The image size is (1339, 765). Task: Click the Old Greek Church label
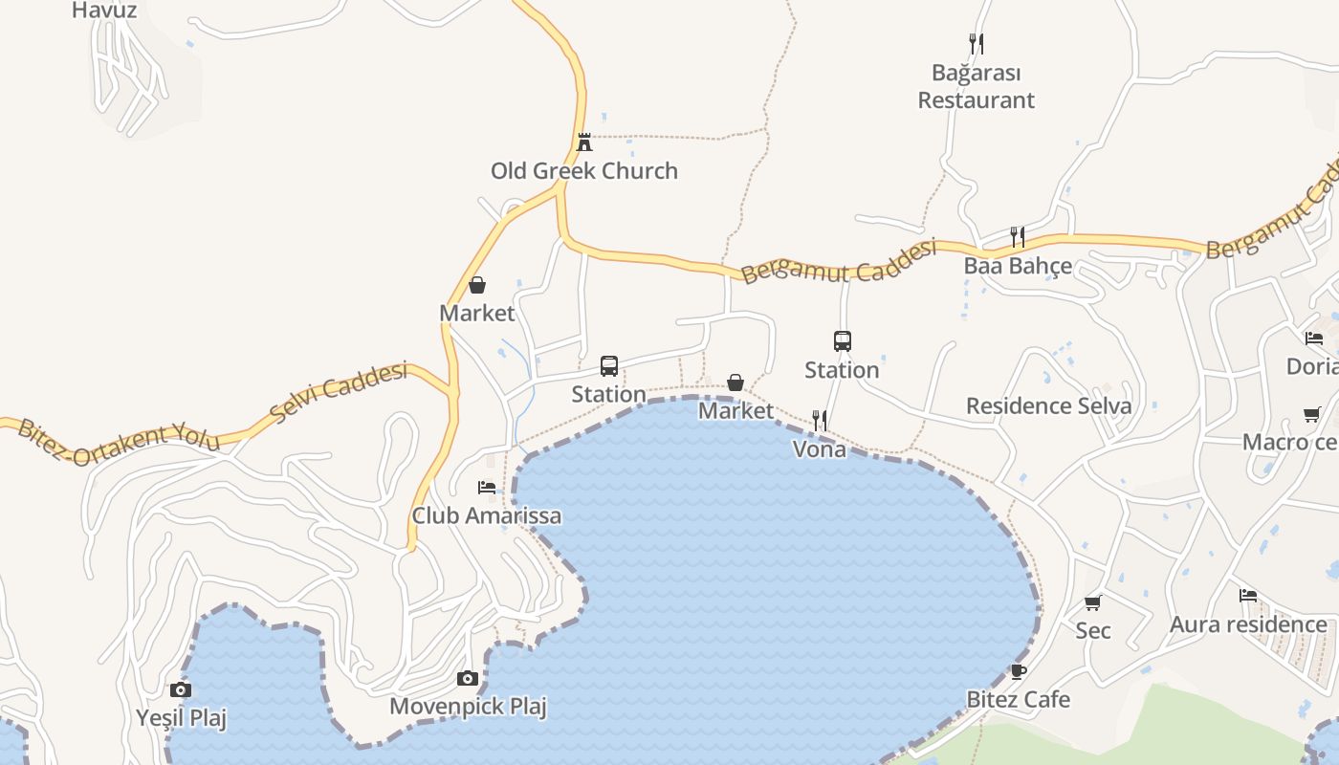click(x=584, y=171)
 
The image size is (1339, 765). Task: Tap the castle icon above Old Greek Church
click(x=584, y=142)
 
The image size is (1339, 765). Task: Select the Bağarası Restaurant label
click(x=977, y=87)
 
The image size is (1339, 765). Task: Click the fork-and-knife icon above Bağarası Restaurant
click(x=976, y=43)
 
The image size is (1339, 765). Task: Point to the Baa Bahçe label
click(x=1018, y=266)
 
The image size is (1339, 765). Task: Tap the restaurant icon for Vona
click(x=820, y=420)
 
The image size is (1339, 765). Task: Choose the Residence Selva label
click(x=1048, y=405)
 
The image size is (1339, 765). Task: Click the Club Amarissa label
click(x=487, y=516)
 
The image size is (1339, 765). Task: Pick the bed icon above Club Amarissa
click(x=487, y=488)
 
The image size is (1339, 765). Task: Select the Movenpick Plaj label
click(x=468, y=708)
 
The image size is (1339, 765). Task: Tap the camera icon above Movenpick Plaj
click(x=468, y=679)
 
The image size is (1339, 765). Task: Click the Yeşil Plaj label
click(x=181, y=718)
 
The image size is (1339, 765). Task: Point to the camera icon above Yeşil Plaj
click(x=181, y=689)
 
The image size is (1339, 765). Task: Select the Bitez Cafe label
click(x=1019, y=699)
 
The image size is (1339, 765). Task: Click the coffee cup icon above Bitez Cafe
click(x=1019, y=671)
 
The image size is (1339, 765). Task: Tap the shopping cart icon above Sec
click(x=1093, y=602)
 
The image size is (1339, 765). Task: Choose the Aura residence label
click(x=1248, y=625)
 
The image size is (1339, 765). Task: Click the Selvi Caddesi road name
click(x=339, y=393)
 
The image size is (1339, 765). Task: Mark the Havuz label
click(x=105, y=11)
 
